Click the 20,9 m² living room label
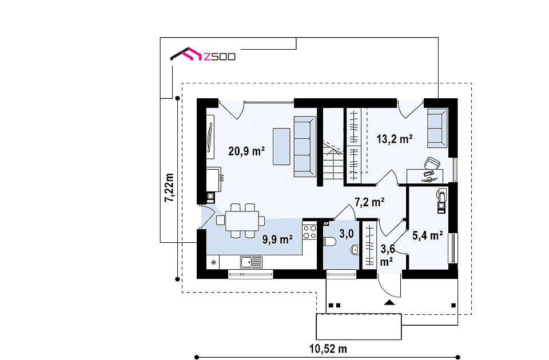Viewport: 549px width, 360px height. coord(246,151)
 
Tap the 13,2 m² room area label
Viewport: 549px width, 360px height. coord(395,139)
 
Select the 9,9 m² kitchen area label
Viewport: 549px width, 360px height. coord(278,239)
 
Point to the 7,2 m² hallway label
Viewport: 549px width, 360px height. coord(370,202)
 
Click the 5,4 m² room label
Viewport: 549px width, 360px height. coord(428,235)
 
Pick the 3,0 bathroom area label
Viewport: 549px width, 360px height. coord(347,234)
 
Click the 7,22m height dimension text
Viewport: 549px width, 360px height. coord(169,187)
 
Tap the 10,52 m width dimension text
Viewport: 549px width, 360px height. coord(328,349)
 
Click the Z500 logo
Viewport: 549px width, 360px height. coord(202,55)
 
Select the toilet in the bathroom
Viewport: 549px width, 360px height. coord(329,242)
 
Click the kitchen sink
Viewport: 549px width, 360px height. coord(251,262)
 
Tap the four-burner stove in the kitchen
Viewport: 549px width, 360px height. coord(309,232)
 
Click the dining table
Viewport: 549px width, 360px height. coord(242,221)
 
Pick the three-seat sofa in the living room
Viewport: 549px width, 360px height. coord(305,146)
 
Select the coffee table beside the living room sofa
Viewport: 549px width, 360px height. coord(281,146)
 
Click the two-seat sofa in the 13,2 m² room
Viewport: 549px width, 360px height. coord(437,128)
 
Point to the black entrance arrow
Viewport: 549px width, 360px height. coord(389,302)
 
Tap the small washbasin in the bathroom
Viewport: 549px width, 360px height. coord(355,250)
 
